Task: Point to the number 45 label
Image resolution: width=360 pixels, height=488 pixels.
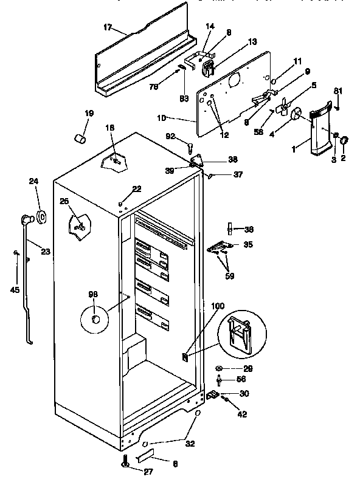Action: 15,290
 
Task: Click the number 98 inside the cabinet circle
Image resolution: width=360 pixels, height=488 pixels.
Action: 92,295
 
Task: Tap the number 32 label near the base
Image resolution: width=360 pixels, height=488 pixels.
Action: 190,444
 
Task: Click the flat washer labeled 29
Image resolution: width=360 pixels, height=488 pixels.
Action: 219,368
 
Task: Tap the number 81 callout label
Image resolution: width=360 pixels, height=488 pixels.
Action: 338,91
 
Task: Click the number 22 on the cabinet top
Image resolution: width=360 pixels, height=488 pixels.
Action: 137,189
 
